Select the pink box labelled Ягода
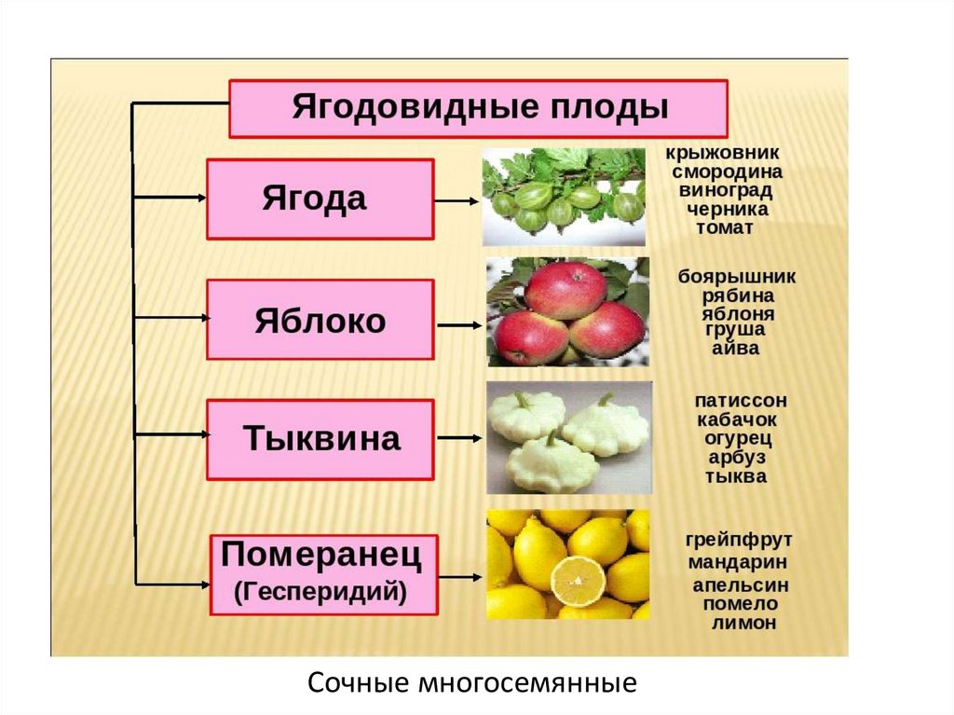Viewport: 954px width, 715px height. pyautogui.click(x=320, y=199)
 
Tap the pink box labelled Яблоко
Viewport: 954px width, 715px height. pyautogui.click(x=320, y=320)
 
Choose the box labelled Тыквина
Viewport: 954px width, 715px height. pyautogui.click(x=320, y=439)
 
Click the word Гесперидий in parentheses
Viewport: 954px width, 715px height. pyautogui.click(x=321, y=591)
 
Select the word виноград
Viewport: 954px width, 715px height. pyautogui.click(x=727, y=189)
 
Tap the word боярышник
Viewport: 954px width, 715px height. pyautogui.click(x=737, y=277)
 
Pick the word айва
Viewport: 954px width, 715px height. pyautogui.click(x=736, y=349)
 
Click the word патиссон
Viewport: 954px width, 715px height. pyautogui.click(x=741, y=401)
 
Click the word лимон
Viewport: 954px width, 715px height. pyautogui.click(x=743, y=624)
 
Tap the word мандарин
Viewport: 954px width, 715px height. pyautogui.click(x=738, y=563)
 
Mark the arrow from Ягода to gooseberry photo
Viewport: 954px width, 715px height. pyautogui.click(x=457, y=199)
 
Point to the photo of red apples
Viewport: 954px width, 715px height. pyautogui.click(x=566, y=312)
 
